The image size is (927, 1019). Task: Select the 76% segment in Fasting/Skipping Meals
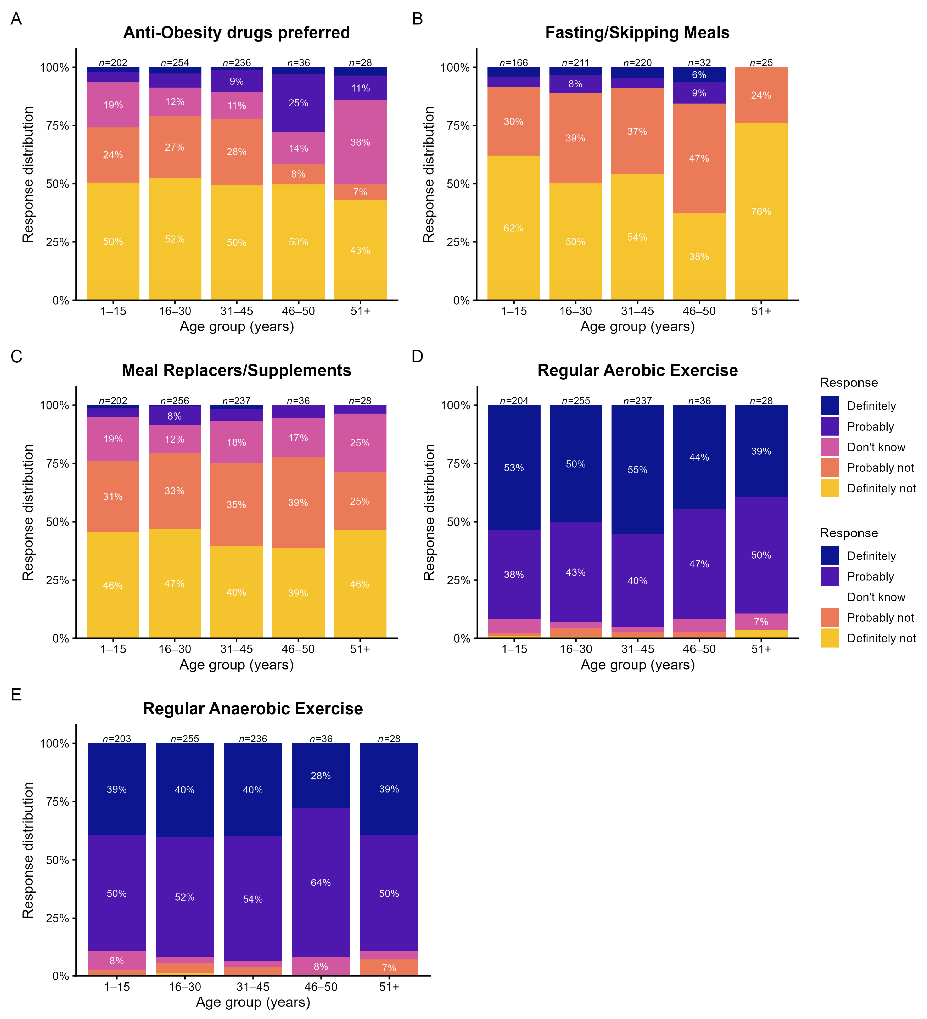tap(761, 211)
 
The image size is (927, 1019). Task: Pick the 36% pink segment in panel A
tap(360, 142)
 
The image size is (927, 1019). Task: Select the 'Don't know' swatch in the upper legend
tap(829, 447)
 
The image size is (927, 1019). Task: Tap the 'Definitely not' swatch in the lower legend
tap(829, 638)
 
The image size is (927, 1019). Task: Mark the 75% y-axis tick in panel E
tap(57, 802)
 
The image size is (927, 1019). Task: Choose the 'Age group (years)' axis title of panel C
tap(236, 664)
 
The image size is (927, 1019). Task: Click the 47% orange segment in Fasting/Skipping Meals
tap(699, 158)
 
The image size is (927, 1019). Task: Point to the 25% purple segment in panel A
tap(298, 103)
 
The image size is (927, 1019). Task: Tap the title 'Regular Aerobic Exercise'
tap(637, 370)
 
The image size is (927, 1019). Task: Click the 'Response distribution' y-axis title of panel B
tap(429, 174)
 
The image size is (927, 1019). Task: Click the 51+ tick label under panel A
tap(360, 311)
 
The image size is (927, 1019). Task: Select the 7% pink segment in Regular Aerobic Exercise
tap(761, 622)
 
